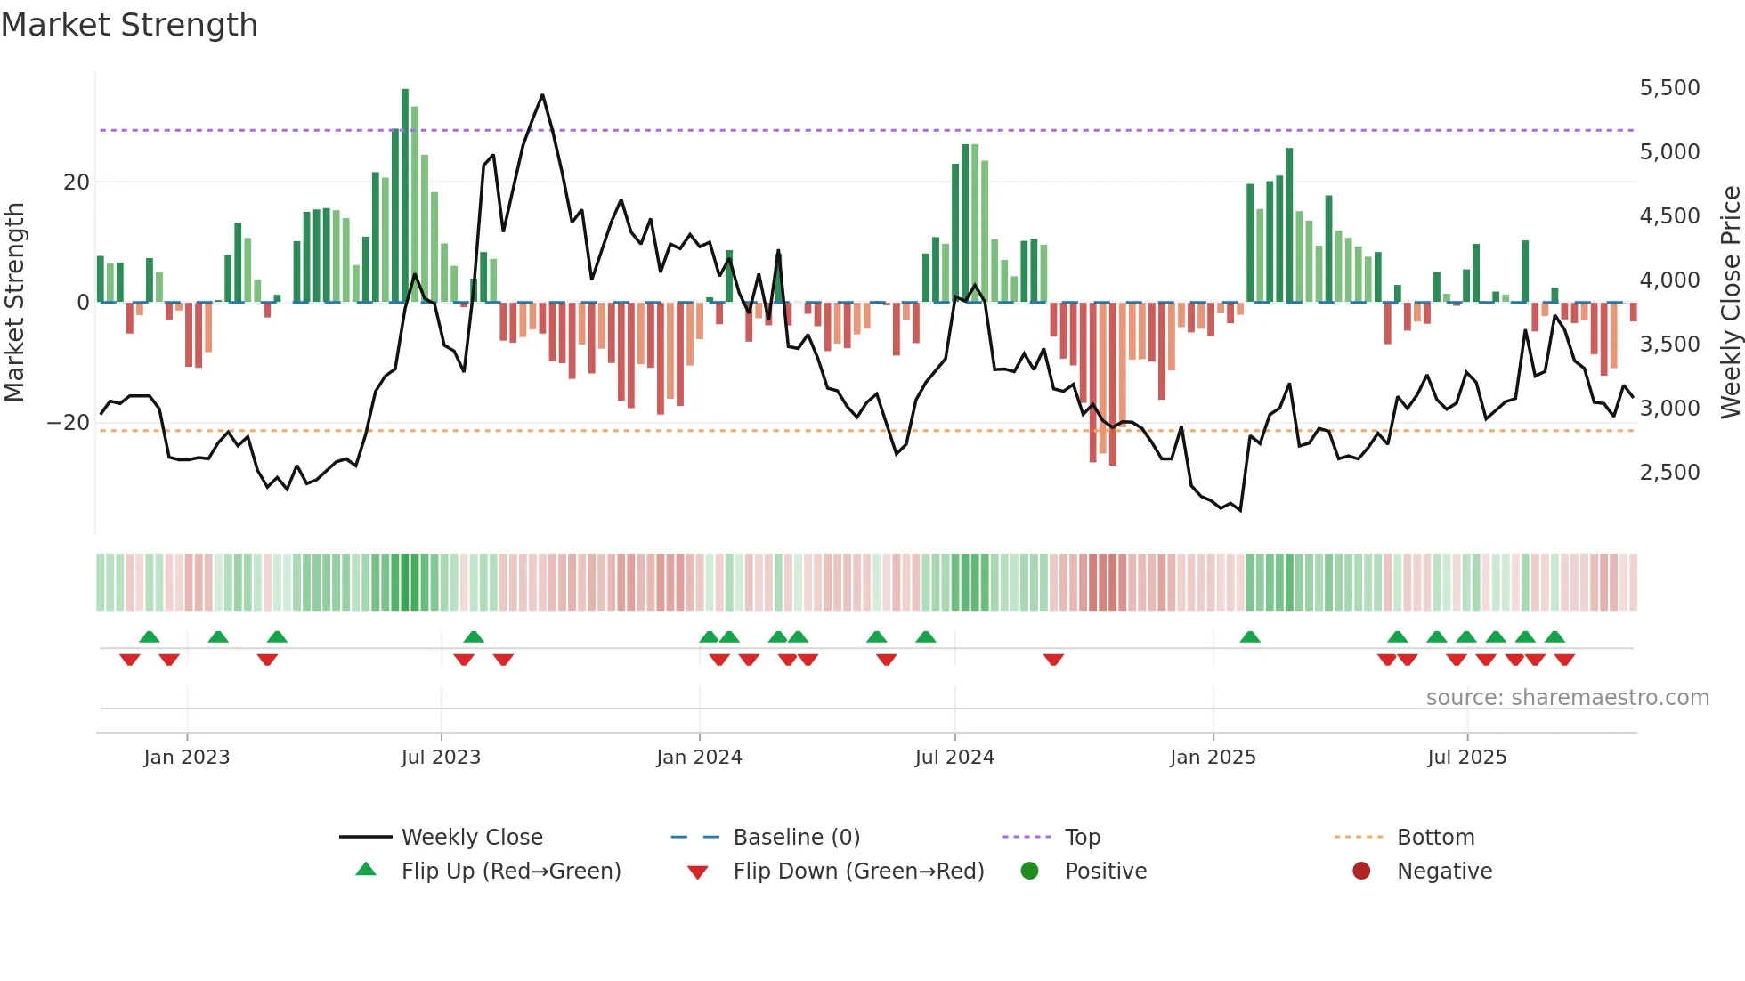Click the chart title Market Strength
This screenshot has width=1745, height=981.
pyautogui.click(x=129, y=25)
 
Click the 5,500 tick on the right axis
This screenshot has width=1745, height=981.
pyautogui.click(x=1669, y=88)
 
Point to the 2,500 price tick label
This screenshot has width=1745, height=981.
pyautogui.click(x=1669, y=473)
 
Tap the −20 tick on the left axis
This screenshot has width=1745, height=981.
pyautogui.click(x=69, y=423)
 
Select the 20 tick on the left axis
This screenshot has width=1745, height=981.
pyautogui.click(x=77, y=182)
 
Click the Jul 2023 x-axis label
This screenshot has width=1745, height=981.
pyautogui.click(x=441, y=758)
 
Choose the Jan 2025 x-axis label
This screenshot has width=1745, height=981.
pyautogui.click(x=1213, y=758)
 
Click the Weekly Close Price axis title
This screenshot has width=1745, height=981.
pyautogui.click(x=1730, y=303)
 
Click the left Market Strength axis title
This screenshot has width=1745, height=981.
pyautogui.click(x=15, y=303)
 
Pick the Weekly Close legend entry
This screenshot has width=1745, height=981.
pyautogui.click(x=471, y=838)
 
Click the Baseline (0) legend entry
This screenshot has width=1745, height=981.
pyautogui.click(x=796, y=838)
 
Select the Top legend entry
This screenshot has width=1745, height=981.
pyautogui.click(x=1082, y=838)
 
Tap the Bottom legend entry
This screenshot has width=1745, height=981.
pyautogui.click(x=1435, y=838)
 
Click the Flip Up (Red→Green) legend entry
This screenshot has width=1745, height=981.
pyautogui.click(x=510, y=872)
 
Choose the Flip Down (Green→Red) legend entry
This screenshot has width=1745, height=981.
pyautogui.click(x=857, y=872)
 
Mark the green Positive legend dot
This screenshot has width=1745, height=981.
pyautogui.click(x=1030, y=872)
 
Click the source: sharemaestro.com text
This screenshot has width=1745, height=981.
pyautogui.click(x=1567, y=698)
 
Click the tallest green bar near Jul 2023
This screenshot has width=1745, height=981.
pyautogui.click(x=405, y=196)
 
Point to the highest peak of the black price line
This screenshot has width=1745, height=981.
pyautogui.click(x=542, y=95)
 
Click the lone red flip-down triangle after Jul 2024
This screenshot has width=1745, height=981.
pyautogui.click(x=1053, y=660)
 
